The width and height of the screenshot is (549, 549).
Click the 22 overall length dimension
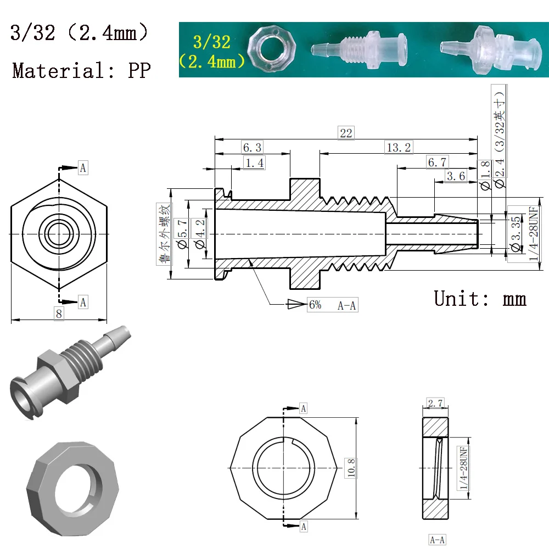pos(346,133)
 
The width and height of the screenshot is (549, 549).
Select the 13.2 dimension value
pos(399,147)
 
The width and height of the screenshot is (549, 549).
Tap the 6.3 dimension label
pos(252,147)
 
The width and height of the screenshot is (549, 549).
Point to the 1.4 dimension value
pos(254,163)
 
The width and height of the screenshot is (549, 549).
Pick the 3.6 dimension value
pos(456,176)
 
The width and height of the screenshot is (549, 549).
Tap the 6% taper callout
pos(315,305)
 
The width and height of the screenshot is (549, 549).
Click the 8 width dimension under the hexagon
pos(59,312)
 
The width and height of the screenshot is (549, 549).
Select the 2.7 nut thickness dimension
pos(435,404)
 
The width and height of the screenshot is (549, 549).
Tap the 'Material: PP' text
pos(81,70)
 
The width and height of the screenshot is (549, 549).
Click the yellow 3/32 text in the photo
pos(211,41)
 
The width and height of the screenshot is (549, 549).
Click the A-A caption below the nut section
pos(437,540)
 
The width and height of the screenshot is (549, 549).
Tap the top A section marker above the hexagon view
pos(83,167)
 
